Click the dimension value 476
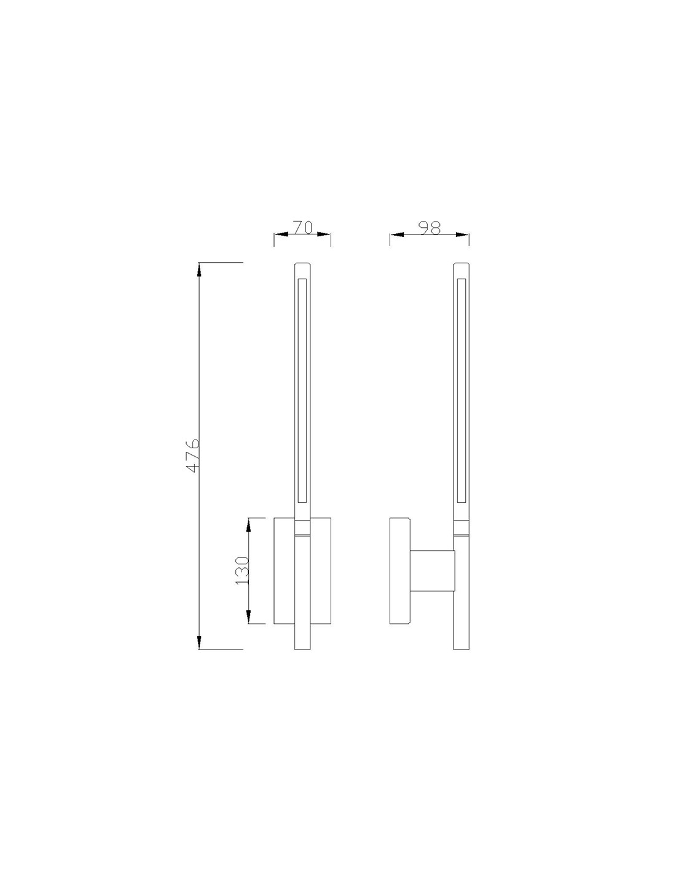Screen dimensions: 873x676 [x=193, y=455]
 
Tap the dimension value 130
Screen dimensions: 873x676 [x=242, y=570]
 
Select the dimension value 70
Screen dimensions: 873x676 [x=302, y=227]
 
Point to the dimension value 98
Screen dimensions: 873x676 [x=430, y=227]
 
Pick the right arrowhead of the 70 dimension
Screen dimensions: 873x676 [x=325, y=235]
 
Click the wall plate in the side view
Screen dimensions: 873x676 [x=400, y=571]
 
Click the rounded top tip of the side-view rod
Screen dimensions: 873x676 [x=462, y=265]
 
